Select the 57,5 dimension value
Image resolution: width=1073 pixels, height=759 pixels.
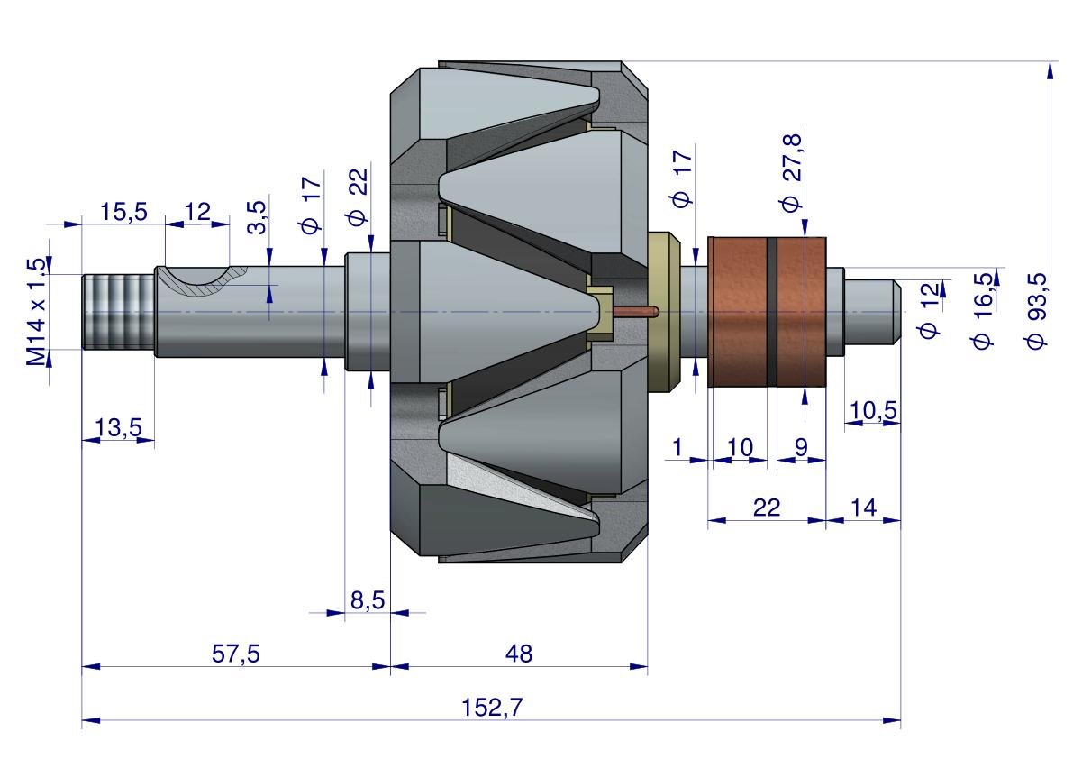click(x=236, y=654)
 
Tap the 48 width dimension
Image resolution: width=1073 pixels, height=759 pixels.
click(x=519, y=654)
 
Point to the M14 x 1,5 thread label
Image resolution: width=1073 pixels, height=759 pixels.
click(x=36, y=311)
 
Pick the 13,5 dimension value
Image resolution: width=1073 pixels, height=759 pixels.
click(x=119, y=428)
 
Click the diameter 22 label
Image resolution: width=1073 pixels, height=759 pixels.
click(x=358, y=205)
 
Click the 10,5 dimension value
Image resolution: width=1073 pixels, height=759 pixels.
click(x=873, y=410)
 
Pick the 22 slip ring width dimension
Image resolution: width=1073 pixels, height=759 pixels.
click(x=766, y=508)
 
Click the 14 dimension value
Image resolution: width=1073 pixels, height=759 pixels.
click(x=863, y=508)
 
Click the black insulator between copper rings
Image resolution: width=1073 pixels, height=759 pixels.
click(x=772, y=311)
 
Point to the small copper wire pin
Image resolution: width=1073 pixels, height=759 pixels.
click(x=635, y=313)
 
